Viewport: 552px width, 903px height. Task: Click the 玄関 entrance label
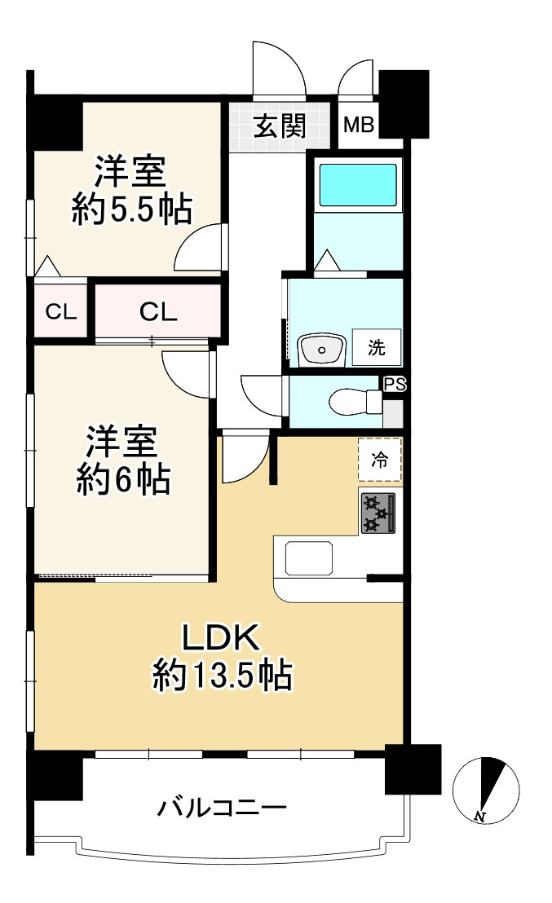pyautogui.click(x=279, y=126)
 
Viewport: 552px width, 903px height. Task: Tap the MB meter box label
pyautogui.click(x=358, y=126)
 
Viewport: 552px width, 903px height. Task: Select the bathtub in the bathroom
pyautogui.click(x=357, y=185)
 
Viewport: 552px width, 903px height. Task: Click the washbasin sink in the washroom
pyautogui.click(x=320, y=350)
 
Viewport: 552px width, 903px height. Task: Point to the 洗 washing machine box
pyautogui.click(x=376, y=347)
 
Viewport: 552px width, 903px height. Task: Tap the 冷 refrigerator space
pyautogui.click(x=380, y=460)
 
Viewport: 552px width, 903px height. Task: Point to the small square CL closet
pyautogui.click(x=61, y=310)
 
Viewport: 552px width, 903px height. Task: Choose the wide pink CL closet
pyautogui.click(x=158, y=311)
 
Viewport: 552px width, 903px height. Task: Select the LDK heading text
pyautogui.click(x=220, y=638)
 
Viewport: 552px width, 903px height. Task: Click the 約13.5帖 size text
pyautogui.click(x=222, y=676)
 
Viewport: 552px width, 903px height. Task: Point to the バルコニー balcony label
pyautogui.click(x=222, y=808)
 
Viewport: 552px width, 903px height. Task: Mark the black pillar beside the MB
pyautogui.click(x=404, y=104)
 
